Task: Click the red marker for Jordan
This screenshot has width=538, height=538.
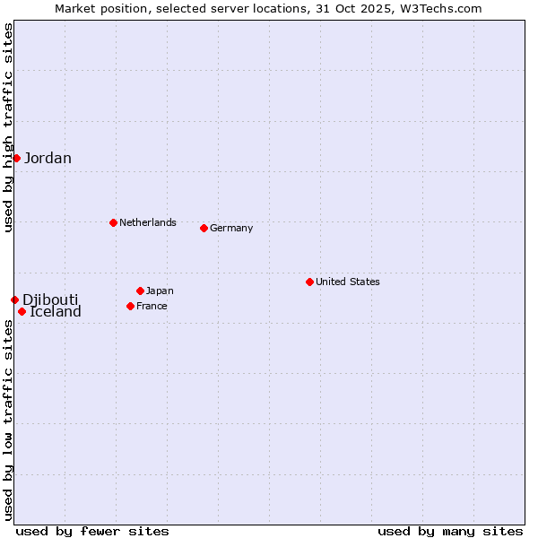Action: [16, 158]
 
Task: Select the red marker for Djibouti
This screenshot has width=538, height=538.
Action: [14, 299]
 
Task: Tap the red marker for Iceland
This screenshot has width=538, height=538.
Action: [22, 311]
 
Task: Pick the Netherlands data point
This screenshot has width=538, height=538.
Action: [113, 222]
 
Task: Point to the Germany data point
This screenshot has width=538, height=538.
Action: [204, 228]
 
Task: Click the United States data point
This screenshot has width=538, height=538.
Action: [309, 282]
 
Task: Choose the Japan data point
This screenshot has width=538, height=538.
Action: [140, 291]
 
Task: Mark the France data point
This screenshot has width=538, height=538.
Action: [130, 306]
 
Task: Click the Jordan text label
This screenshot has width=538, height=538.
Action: [48, 159]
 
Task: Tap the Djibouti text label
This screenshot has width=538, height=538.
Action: [50, 299]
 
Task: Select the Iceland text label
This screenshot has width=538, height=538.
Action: [56, 312]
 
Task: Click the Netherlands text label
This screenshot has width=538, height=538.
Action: [148, 222]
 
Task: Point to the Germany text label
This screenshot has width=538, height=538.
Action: [231, 228]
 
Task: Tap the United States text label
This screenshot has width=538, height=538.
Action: [348, 282]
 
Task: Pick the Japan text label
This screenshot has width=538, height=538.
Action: [160, 291]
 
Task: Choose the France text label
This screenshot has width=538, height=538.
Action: [152, 306]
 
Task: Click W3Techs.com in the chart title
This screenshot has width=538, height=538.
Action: [440, 8]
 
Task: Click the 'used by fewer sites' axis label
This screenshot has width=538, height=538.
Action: [92, 531]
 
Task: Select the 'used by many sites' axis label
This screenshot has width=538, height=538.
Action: [450, 531]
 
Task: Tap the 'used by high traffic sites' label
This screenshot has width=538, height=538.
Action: [8, 128]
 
